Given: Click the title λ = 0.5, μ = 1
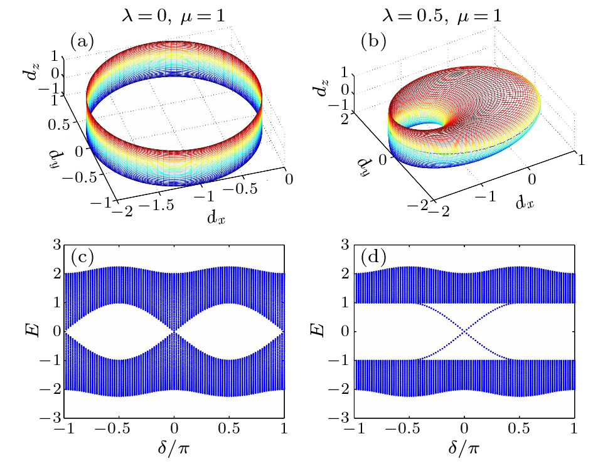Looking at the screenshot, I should click(463, 13).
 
